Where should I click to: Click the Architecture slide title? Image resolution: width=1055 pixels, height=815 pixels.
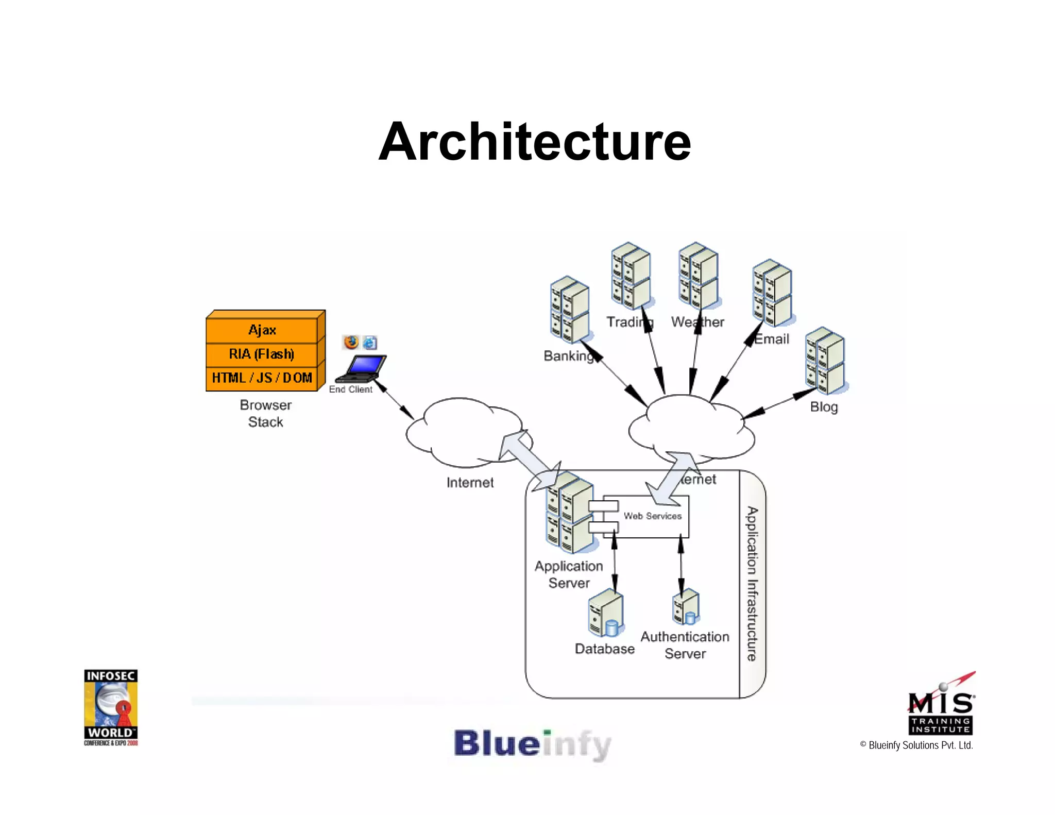pos(534,142)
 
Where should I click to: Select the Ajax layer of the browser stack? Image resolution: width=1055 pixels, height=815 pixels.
pos(262,330)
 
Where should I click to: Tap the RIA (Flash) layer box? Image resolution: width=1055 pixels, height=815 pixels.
pos(262,354)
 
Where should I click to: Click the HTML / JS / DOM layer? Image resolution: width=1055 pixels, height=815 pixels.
pos(262,378)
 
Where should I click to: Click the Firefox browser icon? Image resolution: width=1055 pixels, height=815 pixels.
pos(351,342)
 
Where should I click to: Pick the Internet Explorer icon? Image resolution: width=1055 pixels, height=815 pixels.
pos(370,343)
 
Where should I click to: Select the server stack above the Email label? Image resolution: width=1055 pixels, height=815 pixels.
pos(772,293)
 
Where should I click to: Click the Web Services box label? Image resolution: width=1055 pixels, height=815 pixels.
pos(652,516)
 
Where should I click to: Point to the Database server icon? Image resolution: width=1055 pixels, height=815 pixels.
pos(606,614)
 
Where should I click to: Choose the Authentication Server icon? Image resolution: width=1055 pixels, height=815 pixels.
pos(686,607)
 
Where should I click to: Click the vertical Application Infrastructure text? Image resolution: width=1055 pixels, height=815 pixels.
pos(752,584)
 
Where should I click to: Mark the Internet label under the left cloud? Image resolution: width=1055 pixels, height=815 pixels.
pos(470,483)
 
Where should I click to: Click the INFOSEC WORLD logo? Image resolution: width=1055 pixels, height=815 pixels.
pos(111,707)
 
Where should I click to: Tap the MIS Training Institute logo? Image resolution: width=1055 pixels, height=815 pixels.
pos(941,706)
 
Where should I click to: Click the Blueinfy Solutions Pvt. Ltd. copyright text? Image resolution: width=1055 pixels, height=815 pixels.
pos(916,745)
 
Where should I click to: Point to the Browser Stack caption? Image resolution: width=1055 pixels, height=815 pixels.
pos(266,413)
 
